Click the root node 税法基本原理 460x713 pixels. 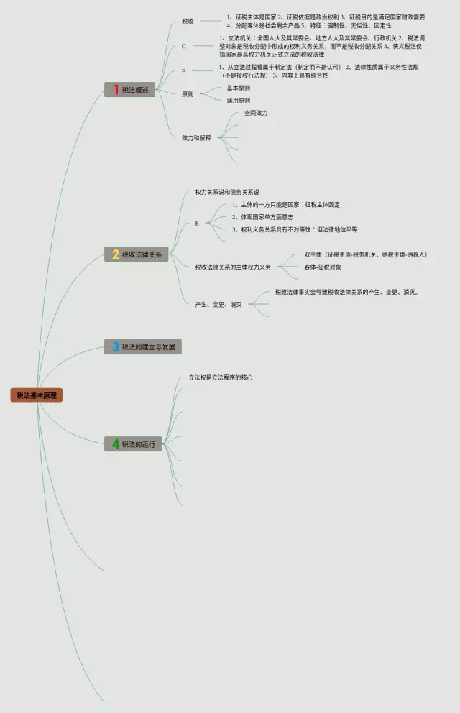pos(37,395)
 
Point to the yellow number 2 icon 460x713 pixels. pos(114,254)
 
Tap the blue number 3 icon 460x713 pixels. pos(114,347)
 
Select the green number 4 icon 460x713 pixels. pos(114,444)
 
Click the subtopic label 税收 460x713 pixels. pos(188,22)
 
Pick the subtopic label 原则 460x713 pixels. pos(188,94)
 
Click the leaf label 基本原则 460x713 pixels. pos(239,88)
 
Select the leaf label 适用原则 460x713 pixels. pos(239,101)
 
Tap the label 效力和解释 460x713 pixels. pos(197,138)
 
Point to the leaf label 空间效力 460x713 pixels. pos(255,113)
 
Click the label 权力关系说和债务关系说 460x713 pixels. pos(227,193)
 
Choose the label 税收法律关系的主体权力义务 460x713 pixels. pos(233,267)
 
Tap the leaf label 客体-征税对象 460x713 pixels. pos(323,267)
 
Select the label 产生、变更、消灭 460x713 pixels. pos(218,305)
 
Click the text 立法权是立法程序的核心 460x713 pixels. pos(221,377)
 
